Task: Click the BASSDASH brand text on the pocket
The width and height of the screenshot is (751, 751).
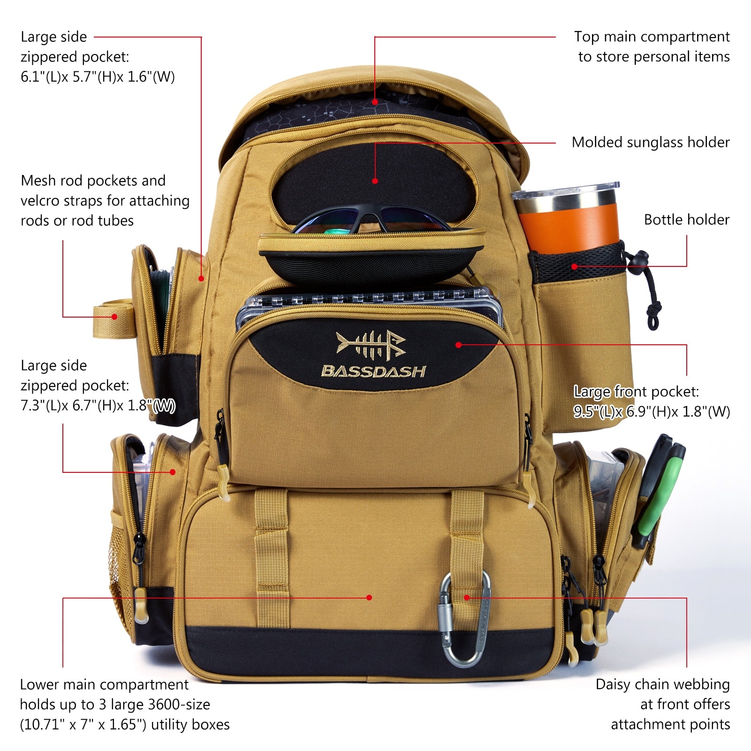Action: coord(373,372)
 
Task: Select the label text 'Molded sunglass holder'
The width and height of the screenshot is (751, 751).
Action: coord(650,142)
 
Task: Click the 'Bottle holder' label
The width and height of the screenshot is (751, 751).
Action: coord(686,220)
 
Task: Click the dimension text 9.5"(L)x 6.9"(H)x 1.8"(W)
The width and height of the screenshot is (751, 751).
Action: coord(652,411)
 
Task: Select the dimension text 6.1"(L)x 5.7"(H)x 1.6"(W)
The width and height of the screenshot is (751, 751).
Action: coord(98,76)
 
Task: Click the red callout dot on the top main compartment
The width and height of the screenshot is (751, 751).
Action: coord(375,101)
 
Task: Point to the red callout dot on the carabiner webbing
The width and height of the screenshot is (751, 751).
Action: coord(467,597)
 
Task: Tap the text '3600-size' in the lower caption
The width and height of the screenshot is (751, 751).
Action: coord(179,704)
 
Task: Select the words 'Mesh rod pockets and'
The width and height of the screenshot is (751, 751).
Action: coord(93,181)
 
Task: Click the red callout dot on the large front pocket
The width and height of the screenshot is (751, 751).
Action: coord(459,345)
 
